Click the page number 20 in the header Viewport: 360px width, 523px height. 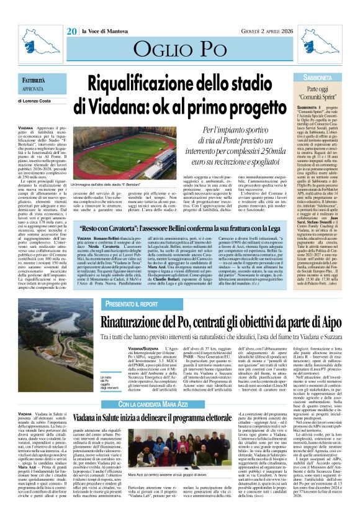72,14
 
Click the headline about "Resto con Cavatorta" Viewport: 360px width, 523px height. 204,228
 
